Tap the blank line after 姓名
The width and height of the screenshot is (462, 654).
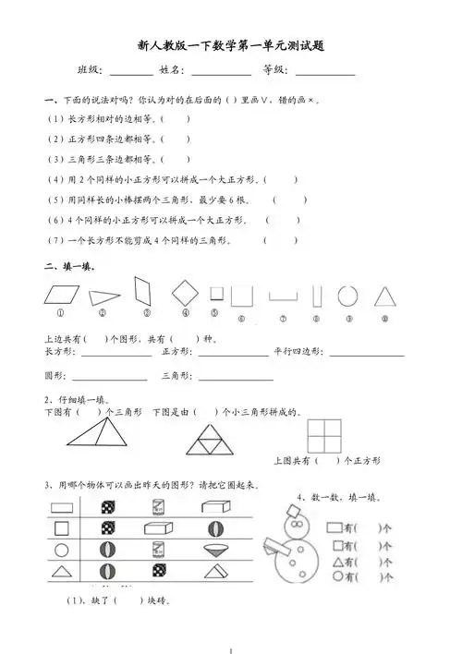point(222,71)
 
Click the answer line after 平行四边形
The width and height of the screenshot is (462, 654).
point(367,354)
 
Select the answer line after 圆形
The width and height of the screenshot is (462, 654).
point(108,378)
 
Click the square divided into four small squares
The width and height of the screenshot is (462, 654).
point(327,431)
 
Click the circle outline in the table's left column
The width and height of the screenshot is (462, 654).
point(62,551)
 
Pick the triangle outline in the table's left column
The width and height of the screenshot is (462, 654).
point(62,574)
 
